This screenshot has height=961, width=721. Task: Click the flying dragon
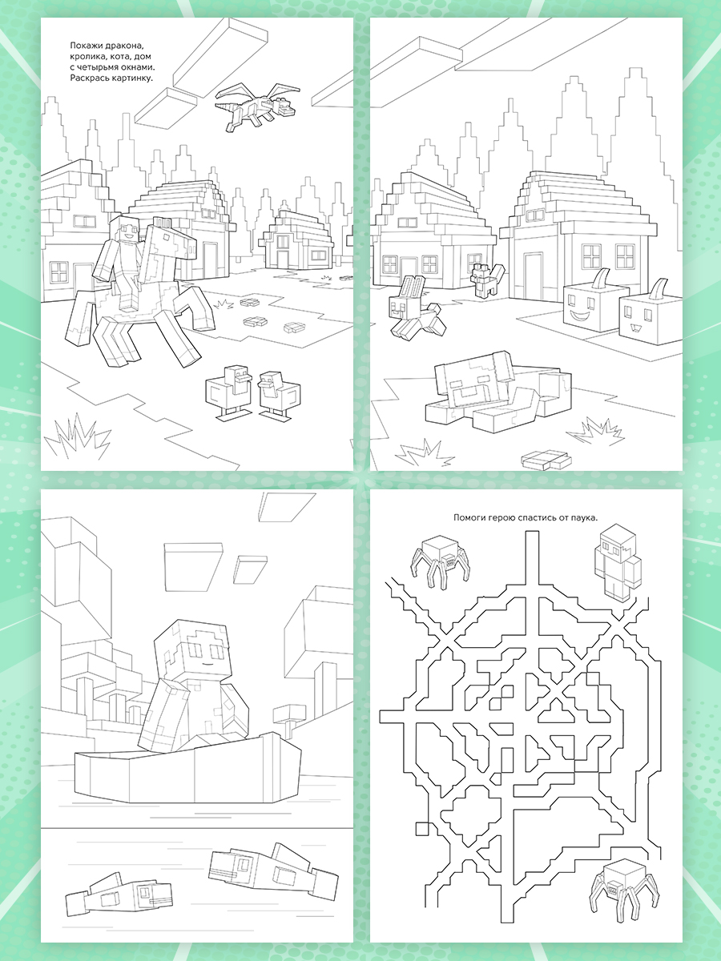258,107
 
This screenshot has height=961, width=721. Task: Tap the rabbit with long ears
417,308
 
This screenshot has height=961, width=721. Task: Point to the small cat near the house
487,279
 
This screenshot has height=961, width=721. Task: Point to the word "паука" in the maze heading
585,518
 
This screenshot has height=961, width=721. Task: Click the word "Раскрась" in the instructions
88,78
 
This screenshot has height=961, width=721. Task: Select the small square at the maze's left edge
422,829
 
